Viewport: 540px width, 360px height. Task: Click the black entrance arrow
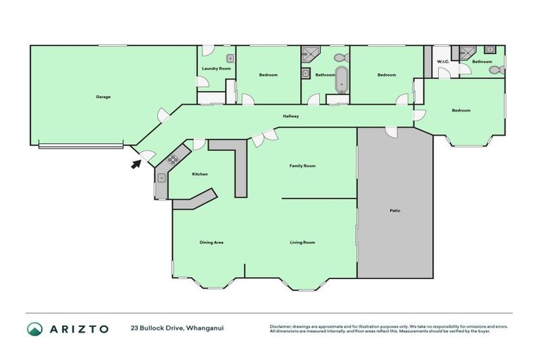135,165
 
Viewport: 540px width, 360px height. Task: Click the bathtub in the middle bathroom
342,79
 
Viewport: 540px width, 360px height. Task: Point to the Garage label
103,96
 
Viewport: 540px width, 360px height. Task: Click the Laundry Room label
216,68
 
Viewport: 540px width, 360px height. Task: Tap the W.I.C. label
443,62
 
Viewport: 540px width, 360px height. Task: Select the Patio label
395,210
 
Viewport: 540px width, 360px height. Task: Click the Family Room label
302,166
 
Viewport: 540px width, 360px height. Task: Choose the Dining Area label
211,243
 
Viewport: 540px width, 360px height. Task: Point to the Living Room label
302,243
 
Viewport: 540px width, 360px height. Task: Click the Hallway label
291,116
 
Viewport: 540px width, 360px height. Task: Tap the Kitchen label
200,174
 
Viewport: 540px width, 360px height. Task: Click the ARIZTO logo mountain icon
34,328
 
